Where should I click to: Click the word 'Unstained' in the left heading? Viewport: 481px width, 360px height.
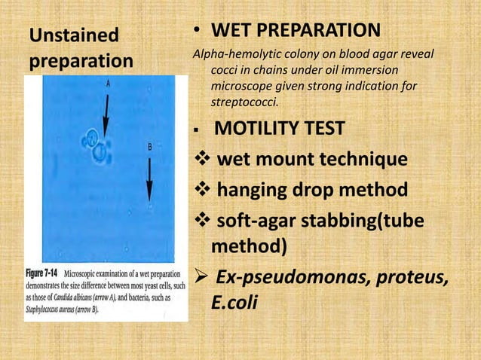(x=74, y=35)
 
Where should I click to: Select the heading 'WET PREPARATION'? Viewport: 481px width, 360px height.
(x=295, y=31)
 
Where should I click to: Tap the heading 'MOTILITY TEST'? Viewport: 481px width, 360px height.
(x=281, y=130)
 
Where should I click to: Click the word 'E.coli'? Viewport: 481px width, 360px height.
(x=236, y=304)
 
